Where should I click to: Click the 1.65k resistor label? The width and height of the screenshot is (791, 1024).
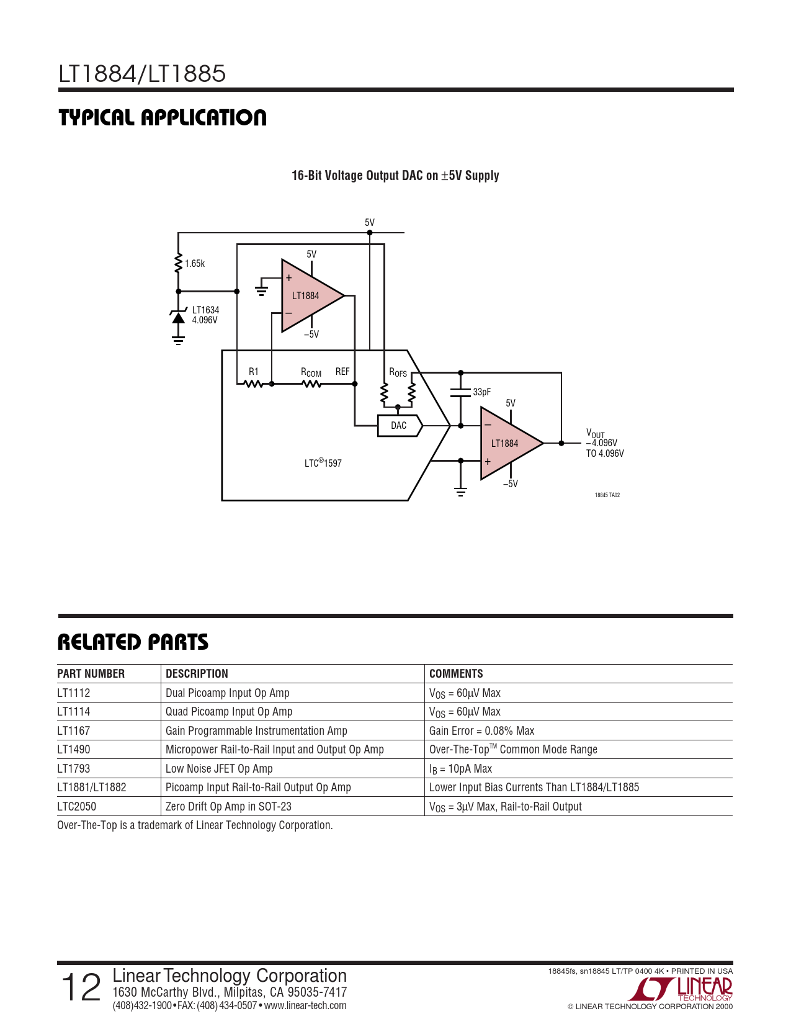195,264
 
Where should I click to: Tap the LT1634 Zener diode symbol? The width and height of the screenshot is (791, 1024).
179,318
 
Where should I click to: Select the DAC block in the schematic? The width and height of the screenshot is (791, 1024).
400,426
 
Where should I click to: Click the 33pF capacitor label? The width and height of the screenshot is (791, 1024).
481,392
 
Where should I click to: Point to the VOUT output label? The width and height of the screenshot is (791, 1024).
595,434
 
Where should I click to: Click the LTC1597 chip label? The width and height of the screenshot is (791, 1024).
323,463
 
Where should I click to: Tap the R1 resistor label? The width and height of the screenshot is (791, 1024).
254,372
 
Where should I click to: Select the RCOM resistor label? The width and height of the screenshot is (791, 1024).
311,372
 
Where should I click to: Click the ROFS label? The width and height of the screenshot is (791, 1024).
398,372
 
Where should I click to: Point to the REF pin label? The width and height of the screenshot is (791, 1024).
342,372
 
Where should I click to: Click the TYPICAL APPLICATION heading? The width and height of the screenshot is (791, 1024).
163,118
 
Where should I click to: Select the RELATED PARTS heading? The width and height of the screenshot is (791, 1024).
133,642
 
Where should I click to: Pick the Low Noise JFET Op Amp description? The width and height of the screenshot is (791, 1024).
219,769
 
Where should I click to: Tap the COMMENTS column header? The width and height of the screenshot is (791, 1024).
456,674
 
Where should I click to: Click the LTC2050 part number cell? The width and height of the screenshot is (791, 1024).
76,807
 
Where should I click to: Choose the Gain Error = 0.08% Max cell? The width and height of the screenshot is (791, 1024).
481,731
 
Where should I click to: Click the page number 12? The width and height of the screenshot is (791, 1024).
81,987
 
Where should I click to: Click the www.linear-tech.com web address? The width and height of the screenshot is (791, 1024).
305,1006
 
